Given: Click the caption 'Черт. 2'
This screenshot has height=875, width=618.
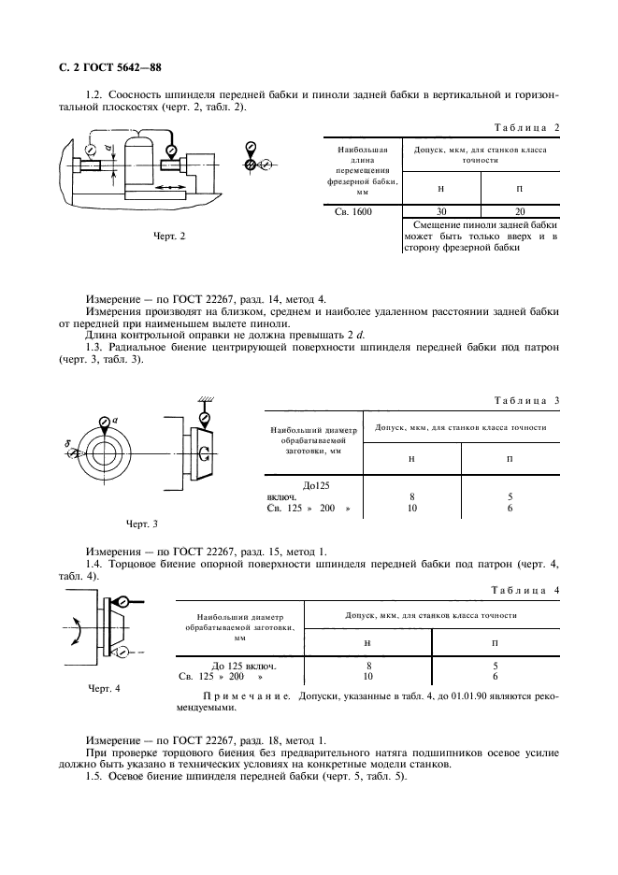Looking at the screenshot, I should (x=169, y=236).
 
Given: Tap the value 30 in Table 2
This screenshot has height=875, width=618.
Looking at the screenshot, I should (x=440, y=211).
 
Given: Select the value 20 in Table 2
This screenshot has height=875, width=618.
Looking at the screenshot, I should (x=520, y=211).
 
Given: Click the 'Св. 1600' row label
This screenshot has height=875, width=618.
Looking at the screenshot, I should (x=353, y=211).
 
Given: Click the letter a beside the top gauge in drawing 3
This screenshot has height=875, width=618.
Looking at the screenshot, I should (x=114, y=421).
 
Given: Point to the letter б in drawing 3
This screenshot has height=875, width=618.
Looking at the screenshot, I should (x=68, y=443).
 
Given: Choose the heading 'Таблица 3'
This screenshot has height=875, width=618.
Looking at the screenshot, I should (x=525, y=400).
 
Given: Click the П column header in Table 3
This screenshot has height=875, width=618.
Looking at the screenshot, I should (x=510, y=458).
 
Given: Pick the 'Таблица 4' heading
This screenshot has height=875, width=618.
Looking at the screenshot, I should (x=525, y=591).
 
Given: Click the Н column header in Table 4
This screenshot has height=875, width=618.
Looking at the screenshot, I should (x=368, y=644).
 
